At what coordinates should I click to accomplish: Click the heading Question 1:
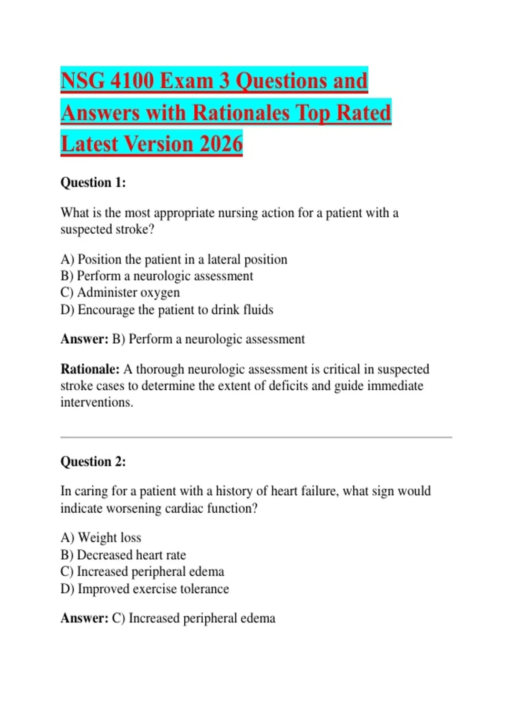tap(93, 183)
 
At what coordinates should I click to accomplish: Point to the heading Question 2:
tap(93, 461)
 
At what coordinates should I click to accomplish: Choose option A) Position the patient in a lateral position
tap(174, 259)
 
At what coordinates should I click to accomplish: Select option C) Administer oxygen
tap(120, 293)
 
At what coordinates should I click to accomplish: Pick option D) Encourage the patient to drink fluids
tap(167, 310)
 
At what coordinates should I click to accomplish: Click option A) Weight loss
tap(101, 538)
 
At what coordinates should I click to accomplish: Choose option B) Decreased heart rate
tap(123, 555)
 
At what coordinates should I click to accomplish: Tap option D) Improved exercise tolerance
tap(145, 589)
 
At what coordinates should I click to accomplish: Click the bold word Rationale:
tap(90, 369)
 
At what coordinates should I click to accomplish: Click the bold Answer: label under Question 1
tap(84, 339)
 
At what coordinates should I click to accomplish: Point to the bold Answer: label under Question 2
tap(84, 618)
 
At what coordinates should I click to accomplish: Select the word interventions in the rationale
tap(96, 402)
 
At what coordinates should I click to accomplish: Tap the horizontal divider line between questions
tap(256, 437)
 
